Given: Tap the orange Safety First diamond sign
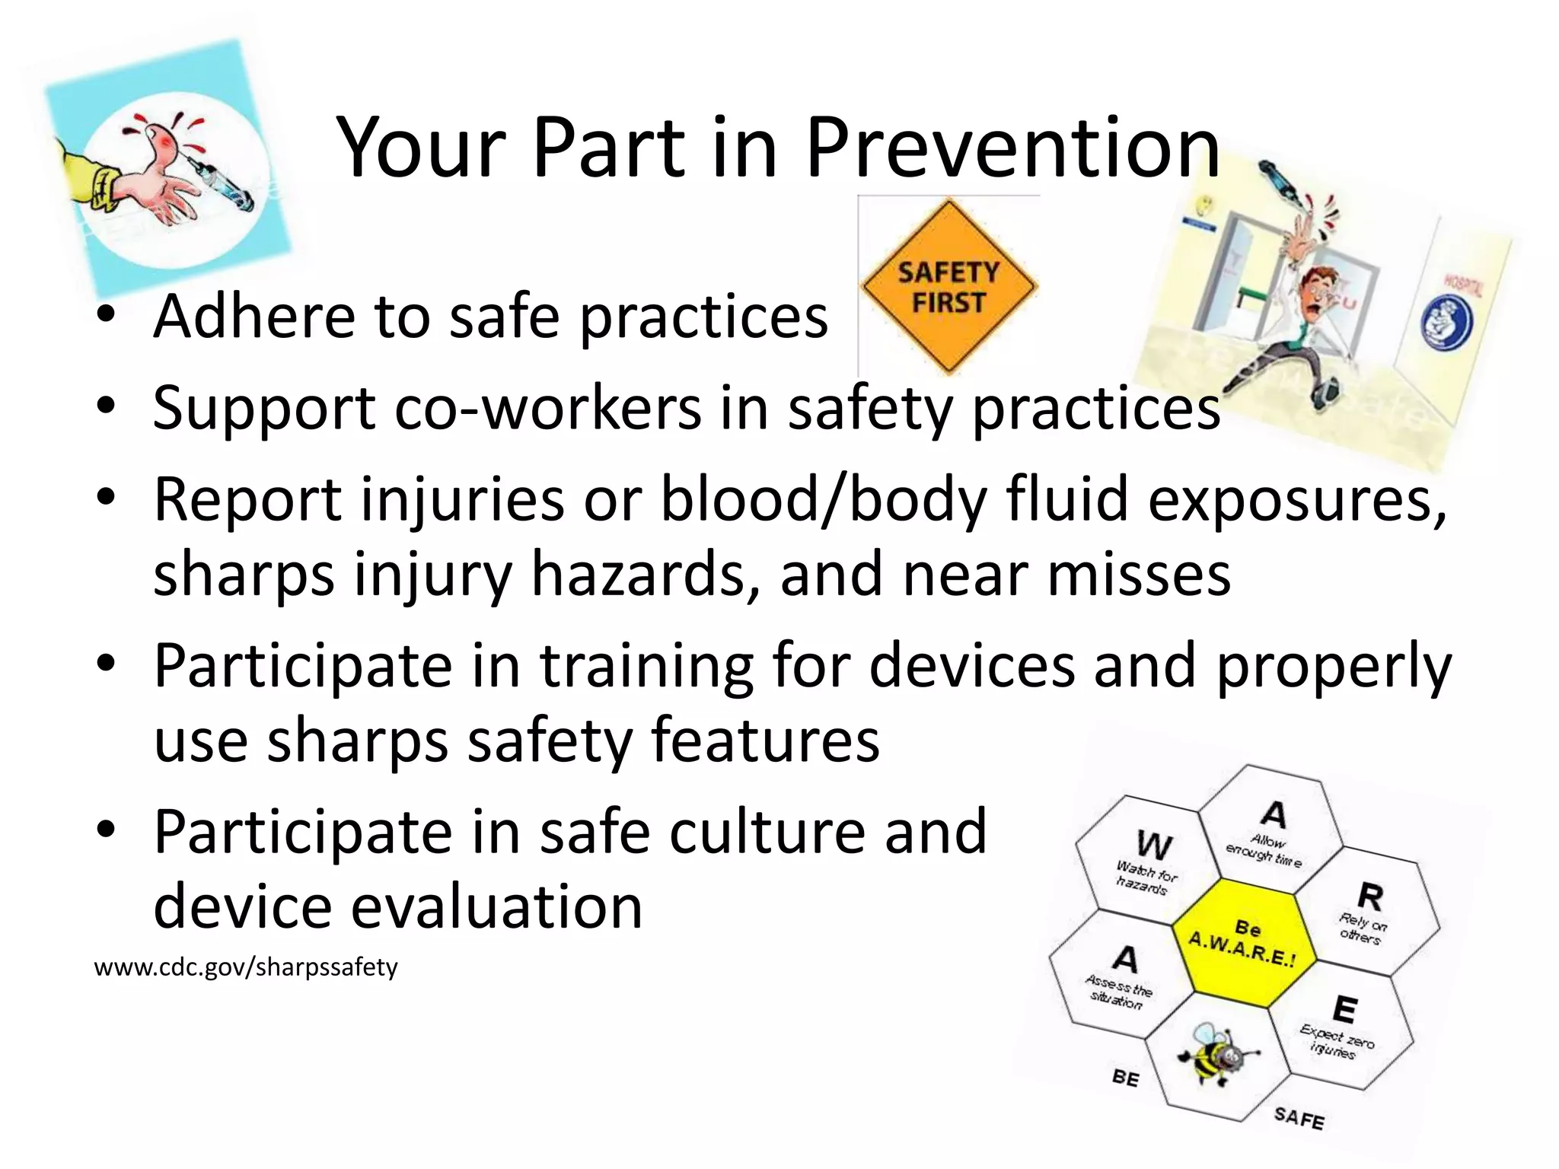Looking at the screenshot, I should (948, 287).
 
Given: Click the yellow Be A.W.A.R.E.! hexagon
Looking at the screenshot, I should (1242, 942).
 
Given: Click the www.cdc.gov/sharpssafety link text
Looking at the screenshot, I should (245, 967).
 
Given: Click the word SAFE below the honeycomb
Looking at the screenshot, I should (1299, 1118).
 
